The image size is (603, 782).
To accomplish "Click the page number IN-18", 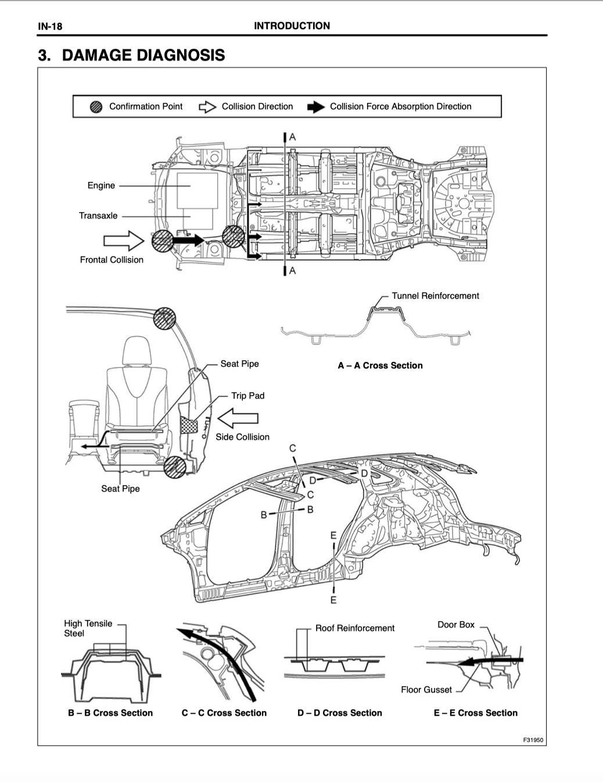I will click(x=50, y=26).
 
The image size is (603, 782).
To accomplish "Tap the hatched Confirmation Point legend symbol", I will click(x=96, y=107).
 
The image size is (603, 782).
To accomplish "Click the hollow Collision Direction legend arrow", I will click(x=207, y=107).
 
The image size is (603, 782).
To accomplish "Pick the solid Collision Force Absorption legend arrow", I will click(x=315, y=107).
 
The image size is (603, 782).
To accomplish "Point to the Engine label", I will click(x=101, y=185).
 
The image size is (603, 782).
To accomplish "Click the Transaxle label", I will click(x=98, y=216).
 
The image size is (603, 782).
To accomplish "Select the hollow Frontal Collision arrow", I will click(x=123, y=241).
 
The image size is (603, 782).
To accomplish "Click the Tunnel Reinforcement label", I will click(x=435, y=296).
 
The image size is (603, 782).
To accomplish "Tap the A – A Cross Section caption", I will click(x=380, y=365).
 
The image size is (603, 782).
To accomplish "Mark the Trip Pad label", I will click(x=247, y=396).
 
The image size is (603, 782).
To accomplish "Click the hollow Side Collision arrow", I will click(x=237, y=418).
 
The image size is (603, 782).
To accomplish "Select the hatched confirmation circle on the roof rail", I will click(x=164, y=318).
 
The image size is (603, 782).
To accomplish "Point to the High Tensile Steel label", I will click(x=88, y=628).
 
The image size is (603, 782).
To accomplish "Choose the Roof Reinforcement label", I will click(x=354, y=628).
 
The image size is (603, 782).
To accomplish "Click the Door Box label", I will click(x=455, y=625).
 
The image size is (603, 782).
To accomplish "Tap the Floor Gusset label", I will click(x=426, y=690).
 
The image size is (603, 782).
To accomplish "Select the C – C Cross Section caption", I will click(x=224, y=713).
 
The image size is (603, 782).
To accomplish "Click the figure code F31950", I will click(x=533, y=740).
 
